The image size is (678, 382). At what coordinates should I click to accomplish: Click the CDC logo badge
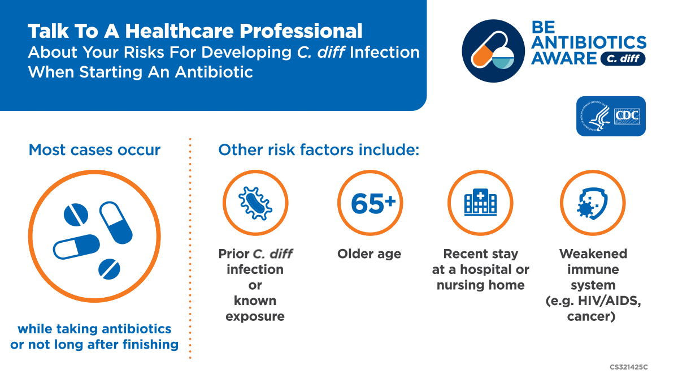[x=611, y=116]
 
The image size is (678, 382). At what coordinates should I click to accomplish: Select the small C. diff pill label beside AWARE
[x=622, y=58]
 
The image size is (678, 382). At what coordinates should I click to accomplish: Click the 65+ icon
[x=370, y=203]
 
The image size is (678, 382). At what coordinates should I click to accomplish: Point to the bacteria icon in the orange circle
[x=255, y=203]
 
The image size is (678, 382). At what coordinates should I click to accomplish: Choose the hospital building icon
[x=480, y=203]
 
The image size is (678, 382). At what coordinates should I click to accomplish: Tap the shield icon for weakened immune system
[x=592, y=203]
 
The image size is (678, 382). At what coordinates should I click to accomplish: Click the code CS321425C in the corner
[x=628, y=367]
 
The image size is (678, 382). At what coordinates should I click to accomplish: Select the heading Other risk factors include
[x=319, y=150]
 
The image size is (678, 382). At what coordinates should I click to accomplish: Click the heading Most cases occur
[x=94, y=150]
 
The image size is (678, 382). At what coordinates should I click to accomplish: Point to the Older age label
[x=369, y=254]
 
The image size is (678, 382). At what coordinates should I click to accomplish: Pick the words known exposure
[x=255, y=308]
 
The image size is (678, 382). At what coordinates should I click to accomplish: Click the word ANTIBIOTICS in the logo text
[x=590, y=42]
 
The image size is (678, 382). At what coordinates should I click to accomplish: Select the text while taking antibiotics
[x=94, y=329]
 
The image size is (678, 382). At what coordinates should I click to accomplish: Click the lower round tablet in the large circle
[x=108, y=269]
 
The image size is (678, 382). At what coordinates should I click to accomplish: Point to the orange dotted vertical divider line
[x=190, y=249]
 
